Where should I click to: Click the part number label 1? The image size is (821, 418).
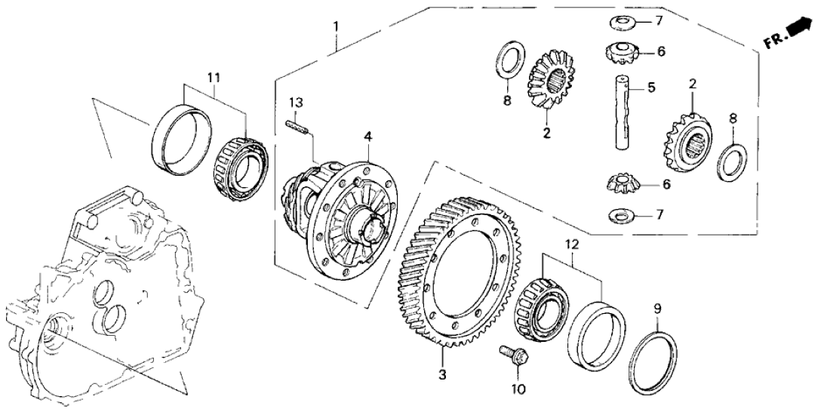pos(336,27)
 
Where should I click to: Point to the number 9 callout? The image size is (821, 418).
pos(657,309)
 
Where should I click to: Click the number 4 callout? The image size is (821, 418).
pos(367,137)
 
